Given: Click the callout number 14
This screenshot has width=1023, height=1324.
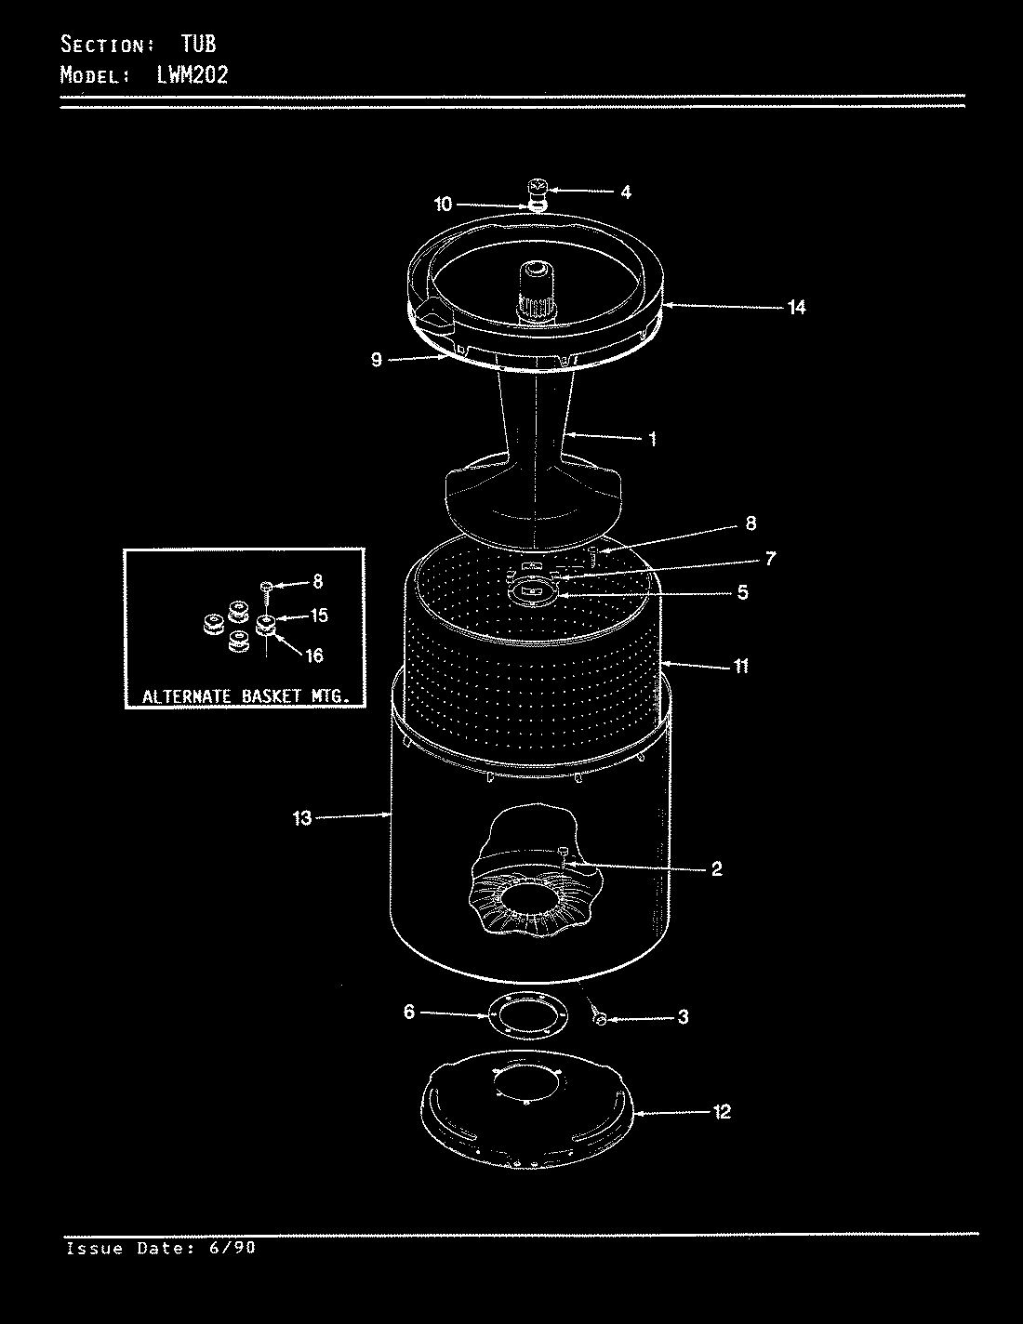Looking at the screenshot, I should click(x=796, y=307).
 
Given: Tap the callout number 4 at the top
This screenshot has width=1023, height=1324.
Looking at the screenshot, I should click(x=626, y=192).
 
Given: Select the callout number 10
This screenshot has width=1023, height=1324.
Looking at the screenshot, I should click(x=443, y=203).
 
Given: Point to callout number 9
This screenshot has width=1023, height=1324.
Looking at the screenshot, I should click(x=377, y=360).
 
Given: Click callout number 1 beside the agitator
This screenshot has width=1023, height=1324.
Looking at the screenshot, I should click(x=652, y=438).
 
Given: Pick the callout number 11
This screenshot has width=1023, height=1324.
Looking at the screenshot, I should click(x=740, y=666).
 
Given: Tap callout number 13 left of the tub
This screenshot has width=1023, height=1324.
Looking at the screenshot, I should click(x=302, y=817).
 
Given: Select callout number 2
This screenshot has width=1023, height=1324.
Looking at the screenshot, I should click(x=716, y=869).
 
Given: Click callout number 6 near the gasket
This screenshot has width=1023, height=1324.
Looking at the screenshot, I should click(x=409, y=1013).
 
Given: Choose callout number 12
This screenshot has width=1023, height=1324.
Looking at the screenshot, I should click(x=722, y=1111).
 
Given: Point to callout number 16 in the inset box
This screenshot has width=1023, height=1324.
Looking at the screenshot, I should click(x=314, y=655).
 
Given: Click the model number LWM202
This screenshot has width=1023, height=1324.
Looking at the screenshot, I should click(x=186, y=74).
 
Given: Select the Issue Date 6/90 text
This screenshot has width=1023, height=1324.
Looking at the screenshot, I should click(x=160, y=1248).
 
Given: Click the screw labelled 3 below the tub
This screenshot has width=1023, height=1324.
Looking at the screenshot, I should click(x=600, y=1020).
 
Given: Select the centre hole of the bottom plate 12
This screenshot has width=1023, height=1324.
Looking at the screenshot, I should click(x=527, y=1084).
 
